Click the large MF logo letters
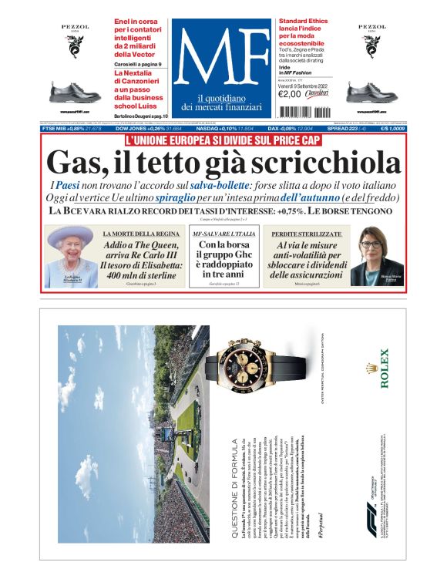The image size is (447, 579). coord(222,59)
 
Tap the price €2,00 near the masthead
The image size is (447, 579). coord(289,94)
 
